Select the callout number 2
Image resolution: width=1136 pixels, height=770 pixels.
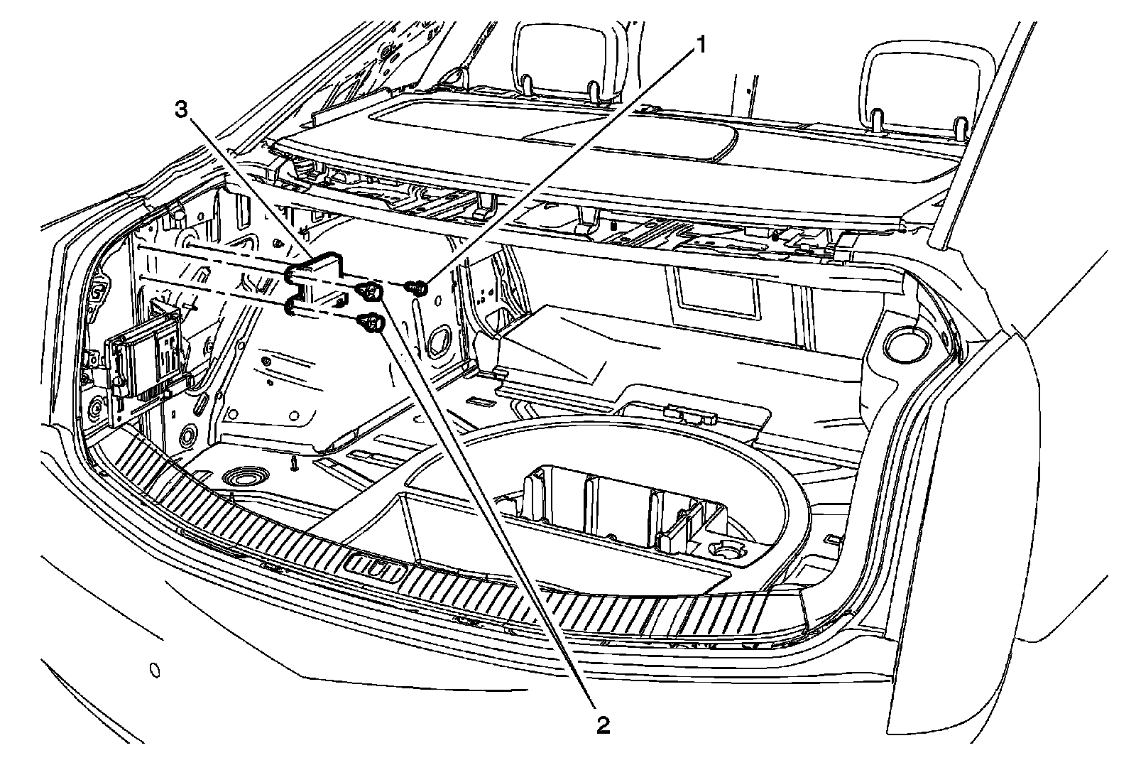[602, 725]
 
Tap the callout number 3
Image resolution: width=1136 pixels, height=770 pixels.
[182, 109]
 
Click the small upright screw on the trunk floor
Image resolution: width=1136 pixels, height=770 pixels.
[293, 462]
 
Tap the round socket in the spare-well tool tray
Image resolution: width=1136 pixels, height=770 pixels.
[727, 551]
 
